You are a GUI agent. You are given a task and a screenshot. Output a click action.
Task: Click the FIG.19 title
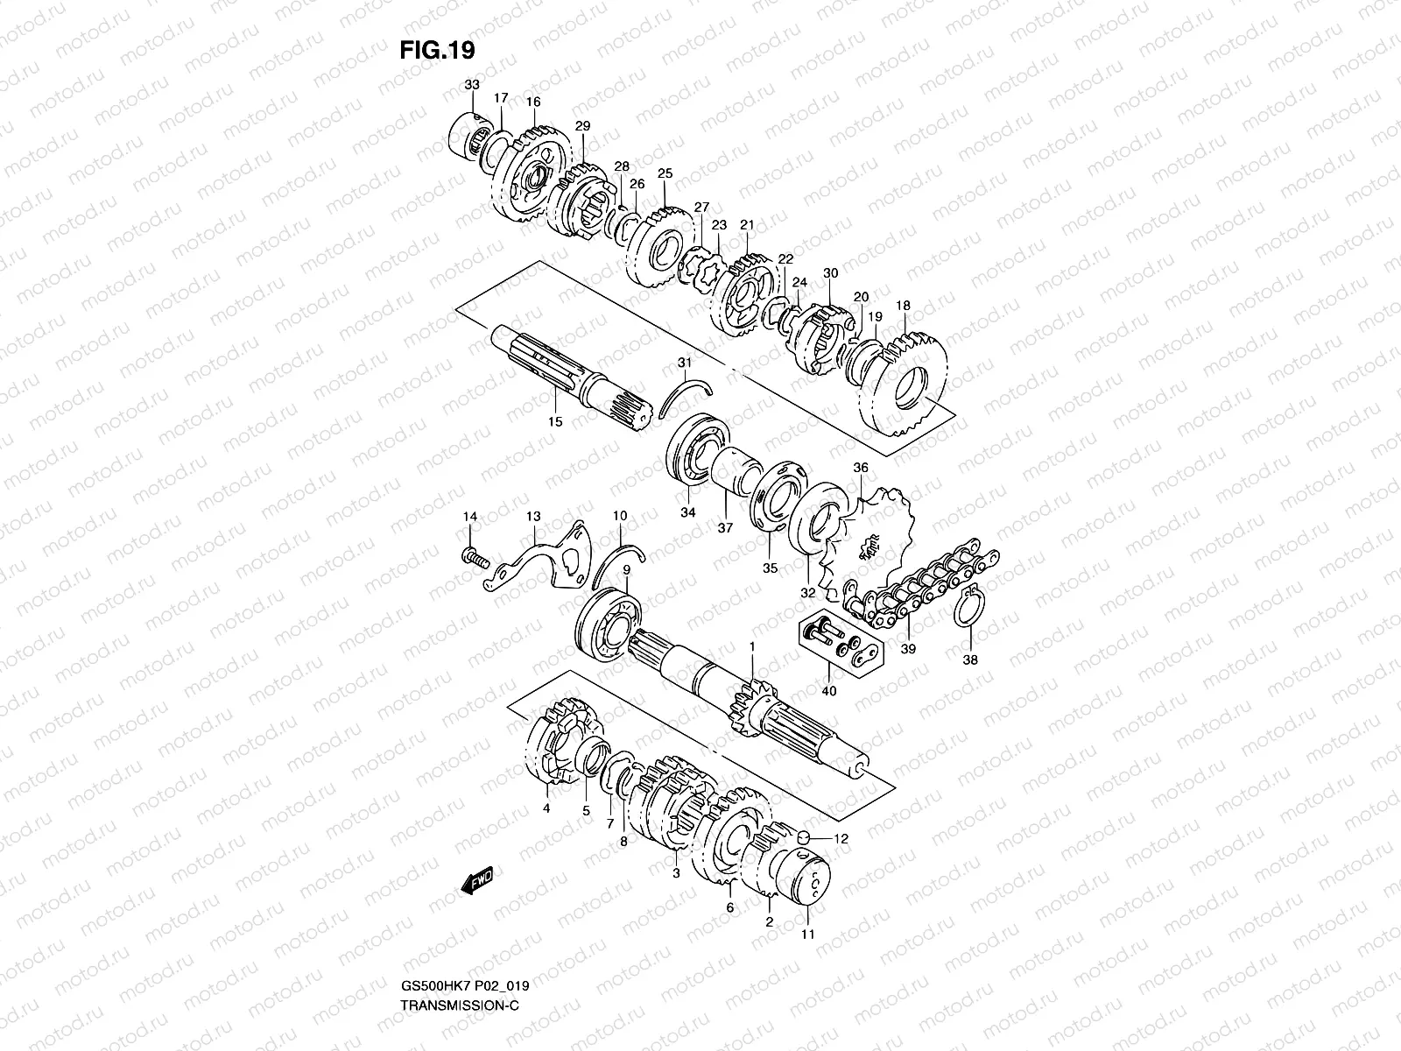[x=437, y=50]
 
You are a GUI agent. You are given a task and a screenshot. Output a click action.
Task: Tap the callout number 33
[x=472, y=85]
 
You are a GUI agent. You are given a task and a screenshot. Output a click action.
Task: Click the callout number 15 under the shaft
[x=555, y=421]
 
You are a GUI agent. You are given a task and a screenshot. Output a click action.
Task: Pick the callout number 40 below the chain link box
[x=828, y=691]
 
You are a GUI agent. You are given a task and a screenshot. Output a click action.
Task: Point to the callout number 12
[x=841, y=839]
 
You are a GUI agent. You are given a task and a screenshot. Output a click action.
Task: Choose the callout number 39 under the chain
[x=908, y=649]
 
